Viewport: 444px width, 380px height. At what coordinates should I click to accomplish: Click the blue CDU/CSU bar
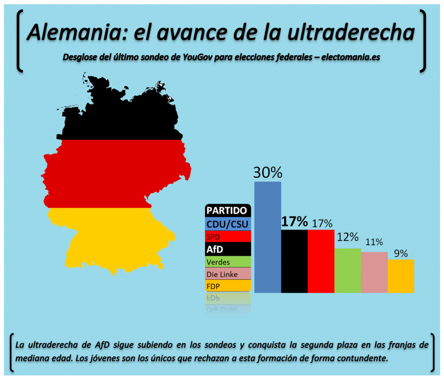pyautogui.click(x=268, y=236)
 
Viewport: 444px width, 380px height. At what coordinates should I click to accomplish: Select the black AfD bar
pyautogui.click(x=294, y=261)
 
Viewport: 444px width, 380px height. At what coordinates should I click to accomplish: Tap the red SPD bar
pyautogui.click(x=321, y=261)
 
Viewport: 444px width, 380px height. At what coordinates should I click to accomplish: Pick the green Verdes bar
pyautogui.click(x=347, y=270)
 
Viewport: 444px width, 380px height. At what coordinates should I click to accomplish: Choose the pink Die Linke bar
pyautogui.click(x=374, y=272)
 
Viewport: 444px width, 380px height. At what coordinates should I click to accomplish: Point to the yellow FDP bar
pyautogui.click(x=401, y=276)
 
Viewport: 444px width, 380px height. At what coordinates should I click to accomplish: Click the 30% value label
pyautogui.click(x=268, y=173)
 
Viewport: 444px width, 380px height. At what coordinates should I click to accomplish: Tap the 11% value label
pyautogui.click(x=374, y=242)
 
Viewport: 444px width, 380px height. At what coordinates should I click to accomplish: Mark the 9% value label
pyautogui.click(x=401, y=253)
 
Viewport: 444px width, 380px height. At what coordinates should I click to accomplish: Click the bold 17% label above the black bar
pyautogui.click(x=294, y=221)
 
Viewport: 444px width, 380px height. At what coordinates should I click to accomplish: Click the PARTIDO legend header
pyautogui.click(x=226, y=210)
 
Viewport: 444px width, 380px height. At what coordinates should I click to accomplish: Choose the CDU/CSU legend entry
pyautogui.click(x=227, y=223)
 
